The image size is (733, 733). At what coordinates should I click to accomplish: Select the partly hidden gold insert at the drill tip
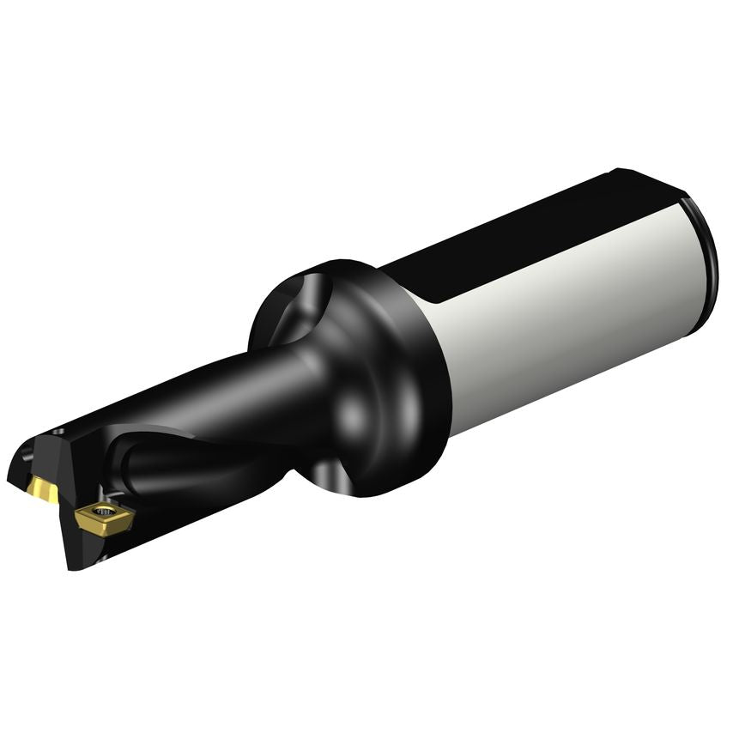tap(43, 490)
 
